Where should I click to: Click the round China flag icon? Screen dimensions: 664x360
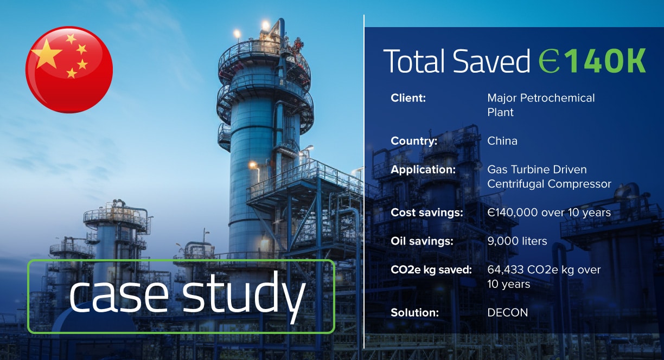tap(69, 70)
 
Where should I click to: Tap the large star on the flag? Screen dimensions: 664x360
tap(47, 53)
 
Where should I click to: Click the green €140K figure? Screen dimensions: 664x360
tap(592, 61)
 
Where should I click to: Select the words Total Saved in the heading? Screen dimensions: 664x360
tap(456, 61)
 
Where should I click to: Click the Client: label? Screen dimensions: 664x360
tap(408, 98)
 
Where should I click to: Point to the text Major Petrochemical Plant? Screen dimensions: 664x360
tap(541, 105)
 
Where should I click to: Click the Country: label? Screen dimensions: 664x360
tap(414, 141)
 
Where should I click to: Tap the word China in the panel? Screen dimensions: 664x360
tap(502, 141)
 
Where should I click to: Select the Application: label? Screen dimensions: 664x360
tap(423, 170)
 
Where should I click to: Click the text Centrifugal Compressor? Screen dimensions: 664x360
tap(549, 184)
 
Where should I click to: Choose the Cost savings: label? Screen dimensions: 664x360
tap(427, 213)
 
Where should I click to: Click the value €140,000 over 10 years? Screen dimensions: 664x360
tap(549, 213)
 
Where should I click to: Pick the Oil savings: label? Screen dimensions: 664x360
tap(422, 241)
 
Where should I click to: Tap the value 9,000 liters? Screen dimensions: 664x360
tap(517, 241)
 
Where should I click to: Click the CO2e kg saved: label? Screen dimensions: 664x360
tap(431, 269)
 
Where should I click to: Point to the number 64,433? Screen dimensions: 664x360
tap(506, 270)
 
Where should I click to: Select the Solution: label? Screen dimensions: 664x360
tap(414, 313)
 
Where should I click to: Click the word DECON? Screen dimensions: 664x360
tap(507, 313)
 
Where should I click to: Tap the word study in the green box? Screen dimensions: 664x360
tap(244, 297)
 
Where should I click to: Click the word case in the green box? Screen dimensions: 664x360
tap(119, 297)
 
